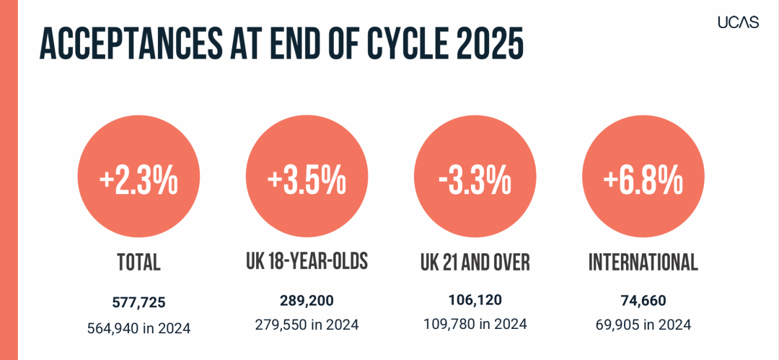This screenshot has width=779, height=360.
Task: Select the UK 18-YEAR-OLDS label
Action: (307, 262)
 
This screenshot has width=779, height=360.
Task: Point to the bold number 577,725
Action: (138, 302)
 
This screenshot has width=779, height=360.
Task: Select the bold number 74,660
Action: (643, 300)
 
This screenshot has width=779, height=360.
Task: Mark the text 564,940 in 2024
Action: (138, 328)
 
